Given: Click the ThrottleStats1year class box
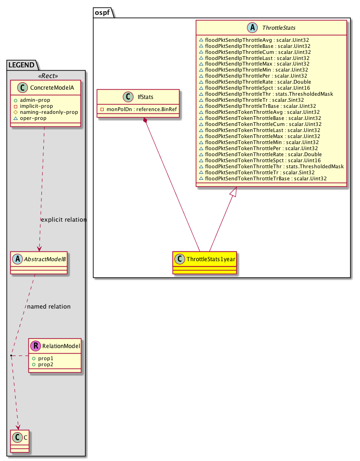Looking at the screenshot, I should pos(205,264).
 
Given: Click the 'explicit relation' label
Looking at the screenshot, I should pos(64,220).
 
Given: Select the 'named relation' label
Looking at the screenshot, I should pos(49,307).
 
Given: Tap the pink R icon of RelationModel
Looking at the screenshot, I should pos(34,346).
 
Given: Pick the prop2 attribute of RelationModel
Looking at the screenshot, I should pos(46,365).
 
